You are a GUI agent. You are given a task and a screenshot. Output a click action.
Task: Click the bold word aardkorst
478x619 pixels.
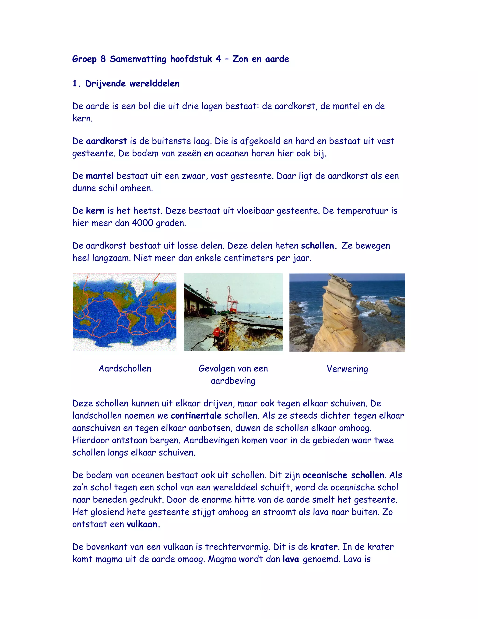point(106,141)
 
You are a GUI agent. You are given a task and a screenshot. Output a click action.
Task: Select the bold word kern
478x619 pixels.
point(95,211)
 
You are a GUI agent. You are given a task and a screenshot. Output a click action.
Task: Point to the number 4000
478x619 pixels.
point(143,223)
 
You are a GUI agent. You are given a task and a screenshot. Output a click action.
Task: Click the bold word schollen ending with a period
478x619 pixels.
point(319,246)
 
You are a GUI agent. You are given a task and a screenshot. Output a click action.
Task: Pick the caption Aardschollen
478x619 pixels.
point(125,368)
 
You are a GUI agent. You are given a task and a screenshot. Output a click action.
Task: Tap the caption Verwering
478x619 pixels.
point(348,369)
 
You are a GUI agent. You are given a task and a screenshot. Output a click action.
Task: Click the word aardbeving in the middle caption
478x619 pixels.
point(233,381)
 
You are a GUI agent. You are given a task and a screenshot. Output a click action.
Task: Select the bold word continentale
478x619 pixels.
point(196,416)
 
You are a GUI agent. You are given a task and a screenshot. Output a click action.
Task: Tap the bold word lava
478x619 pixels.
point(291,559)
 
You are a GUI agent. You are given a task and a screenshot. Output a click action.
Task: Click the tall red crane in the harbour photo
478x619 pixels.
point(232,300)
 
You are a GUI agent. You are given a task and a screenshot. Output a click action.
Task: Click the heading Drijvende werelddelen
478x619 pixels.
point(132,84)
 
